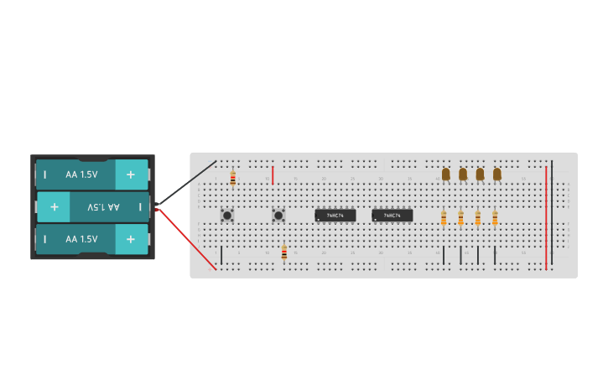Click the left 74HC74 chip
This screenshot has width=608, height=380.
point(335,216)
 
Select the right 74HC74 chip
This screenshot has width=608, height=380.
point(392,216)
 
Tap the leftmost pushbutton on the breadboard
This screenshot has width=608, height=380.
point(227,216)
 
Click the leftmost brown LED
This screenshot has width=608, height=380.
point(446,174)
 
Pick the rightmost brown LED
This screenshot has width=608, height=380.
point(497,174)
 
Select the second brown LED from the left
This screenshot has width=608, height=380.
point(463,174)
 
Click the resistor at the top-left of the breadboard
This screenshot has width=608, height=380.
point(233,178)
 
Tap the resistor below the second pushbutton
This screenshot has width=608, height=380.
point(284,252)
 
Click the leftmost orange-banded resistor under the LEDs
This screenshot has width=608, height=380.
point(444,218)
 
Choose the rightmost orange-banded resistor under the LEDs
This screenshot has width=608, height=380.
point(495,218)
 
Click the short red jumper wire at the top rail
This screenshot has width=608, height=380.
point(273,174)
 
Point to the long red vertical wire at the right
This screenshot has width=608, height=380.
point(546,216)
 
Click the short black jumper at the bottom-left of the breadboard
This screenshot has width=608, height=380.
point(221,255)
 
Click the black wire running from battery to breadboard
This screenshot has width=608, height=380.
point(186,183)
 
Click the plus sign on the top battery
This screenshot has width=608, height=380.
point(131,174)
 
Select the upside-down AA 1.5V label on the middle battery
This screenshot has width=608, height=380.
point(104,206)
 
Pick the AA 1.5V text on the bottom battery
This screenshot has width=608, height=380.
point(82,239)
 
